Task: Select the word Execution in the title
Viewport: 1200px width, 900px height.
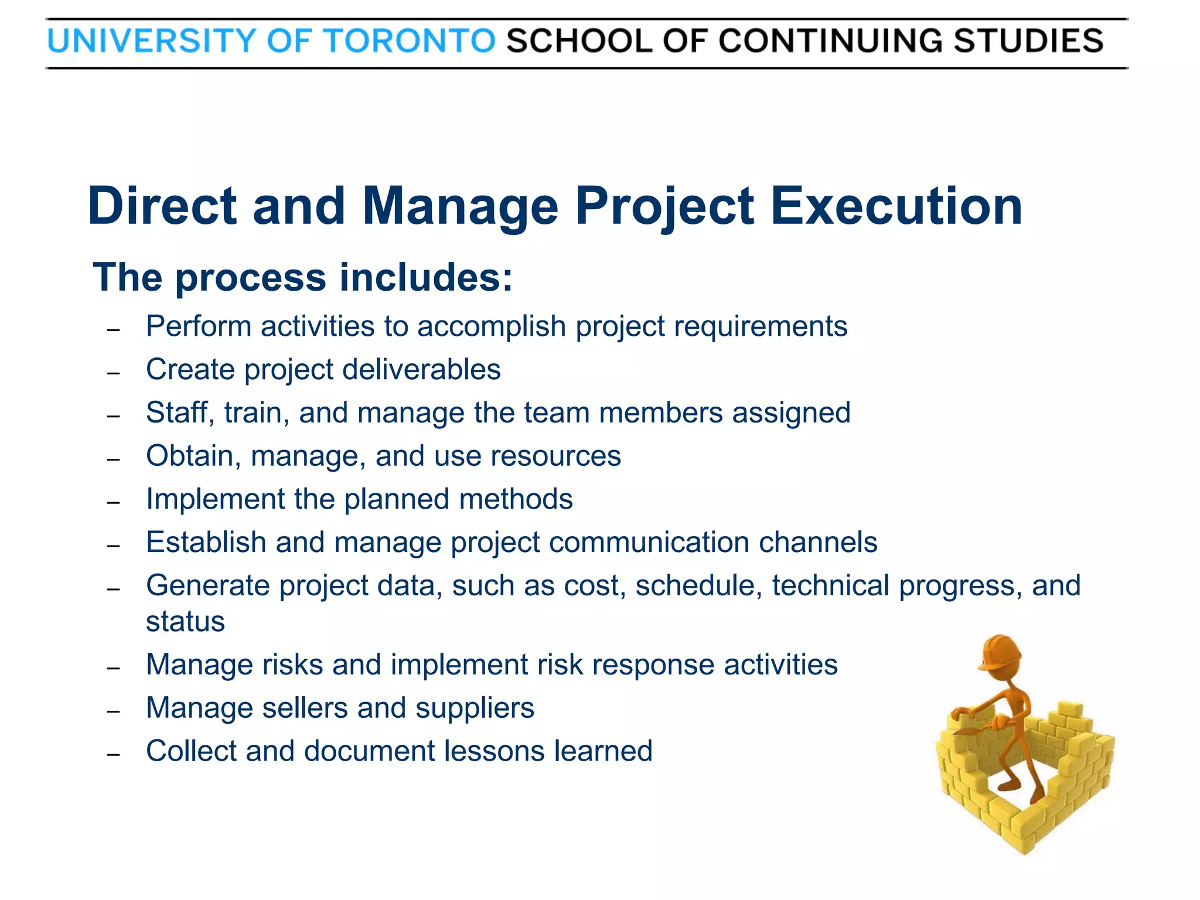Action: (896, 206)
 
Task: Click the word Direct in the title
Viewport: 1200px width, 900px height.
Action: (162, 206)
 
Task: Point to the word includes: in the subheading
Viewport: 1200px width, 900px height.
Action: (426, 277)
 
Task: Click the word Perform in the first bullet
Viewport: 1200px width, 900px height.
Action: (199, 326)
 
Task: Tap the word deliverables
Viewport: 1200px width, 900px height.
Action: (421, 370)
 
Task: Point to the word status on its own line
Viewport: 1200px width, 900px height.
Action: (185, 622)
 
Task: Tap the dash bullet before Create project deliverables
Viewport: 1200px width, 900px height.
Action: (114, 373)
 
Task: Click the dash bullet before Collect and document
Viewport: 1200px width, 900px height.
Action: (114, 754)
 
